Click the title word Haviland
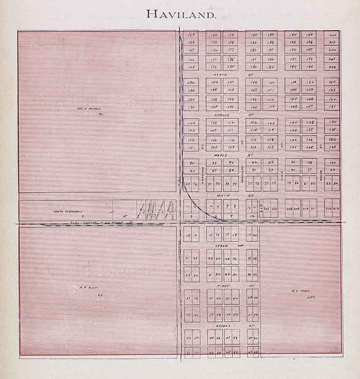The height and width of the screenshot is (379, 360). [x=181, y=15]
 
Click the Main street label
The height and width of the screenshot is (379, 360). [x=225, y=194]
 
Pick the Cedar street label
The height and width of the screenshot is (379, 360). [x=225, y=246]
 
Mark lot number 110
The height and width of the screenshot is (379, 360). [x=231, y=140]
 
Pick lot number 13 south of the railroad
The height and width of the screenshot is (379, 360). [x=188, y=235]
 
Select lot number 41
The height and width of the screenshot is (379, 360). [x=227, y=297]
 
